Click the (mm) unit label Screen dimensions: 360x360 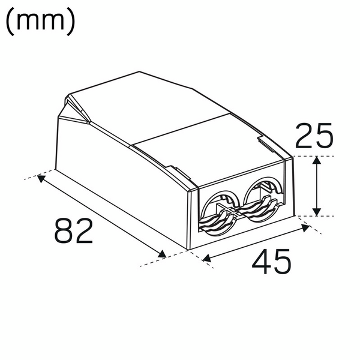click(x=40, y=22)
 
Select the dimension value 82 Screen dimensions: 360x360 click(x=74, y=230)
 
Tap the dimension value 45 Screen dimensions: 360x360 click(x=271, y=262)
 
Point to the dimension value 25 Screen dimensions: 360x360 click(x=314, y=137)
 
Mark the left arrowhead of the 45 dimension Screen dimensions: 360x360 click(x=206, y=259)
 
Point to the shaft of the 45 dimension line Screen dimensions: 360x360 click(x=255, y=243)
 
